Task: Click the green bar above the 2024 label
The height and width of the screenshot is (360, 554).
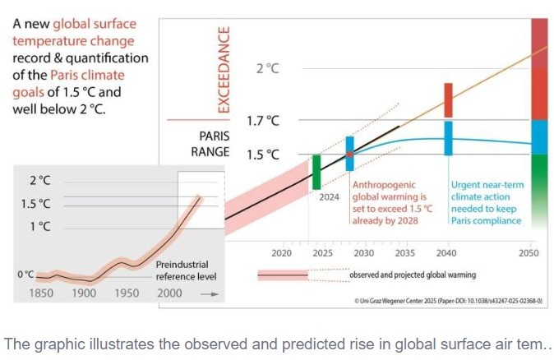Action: (316, 172)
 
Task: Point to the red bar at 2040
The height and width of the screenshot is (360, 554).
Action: (448, 99)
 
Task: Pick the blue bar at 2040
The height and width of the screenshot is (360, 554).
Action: (448, 137)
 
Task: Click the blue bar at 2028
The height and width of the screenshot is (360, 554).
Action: (349, 154)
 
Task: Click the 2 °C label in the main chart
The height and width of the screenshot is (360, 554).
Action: (267, 68)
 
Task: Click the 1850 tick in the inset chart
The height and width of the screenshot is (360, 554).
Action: (41, 293)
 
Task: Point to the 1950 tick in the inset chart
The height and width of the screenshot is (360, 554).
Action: (126, 293)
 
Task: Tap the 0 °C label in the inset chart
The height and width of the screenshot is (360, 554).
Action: (25, 274)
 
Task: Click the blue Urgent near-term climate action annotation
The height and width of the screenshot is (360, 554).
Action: (487, 203)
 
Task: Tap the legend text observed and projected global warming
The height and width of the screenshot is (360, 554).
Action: (413, 275)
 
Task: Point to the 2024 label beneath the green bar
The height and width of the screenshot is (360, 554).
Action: (329, 197)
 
